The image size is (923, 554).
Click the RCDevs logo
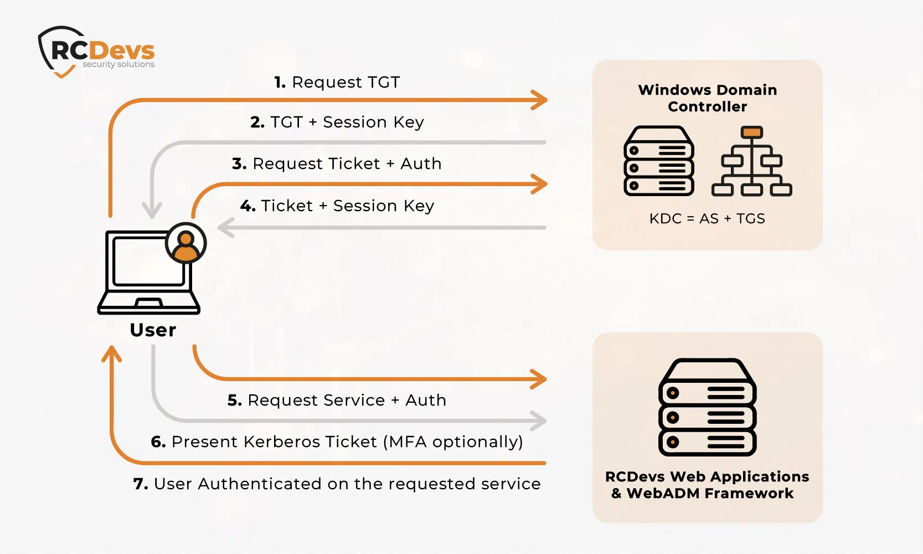pos(97,52)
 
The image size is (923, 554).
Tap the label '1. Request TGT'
pos(337,83)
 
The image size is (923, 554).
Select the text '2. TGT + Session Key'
pos(337,122)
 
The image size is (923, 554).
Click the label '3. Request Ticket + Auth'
pos(337,164)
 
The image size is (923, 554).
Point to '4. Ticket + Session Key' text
pos(337,206)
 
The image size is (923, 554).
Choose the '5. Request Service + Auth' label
pos(337,401)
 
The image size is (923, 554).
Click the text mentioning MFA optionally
pos(337,442)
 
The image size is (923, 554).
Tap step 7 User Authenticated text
pos(337,484)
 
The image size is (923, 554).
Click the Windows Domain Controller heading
pos(707,98)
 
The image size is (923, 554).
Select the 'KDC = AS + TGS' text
pos(707,219)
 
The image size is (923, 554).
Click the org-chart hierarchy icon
pos(751,161)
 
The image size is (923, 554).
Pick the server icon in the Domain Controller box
pos(659,161)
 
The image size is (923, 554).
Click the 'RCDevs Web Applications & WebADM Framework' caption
pos(707,485)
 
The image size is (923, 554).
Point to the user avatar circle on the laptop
pos(186,243)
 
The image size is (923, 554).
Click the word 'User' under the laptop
pos(153,330)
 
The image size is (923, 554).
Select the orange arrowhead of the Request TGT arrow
pos(539,100)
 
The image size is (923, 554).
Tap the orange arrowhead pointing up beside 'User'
pos(112,353)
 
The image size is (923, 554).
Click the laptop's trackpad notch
pos(148,303)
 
